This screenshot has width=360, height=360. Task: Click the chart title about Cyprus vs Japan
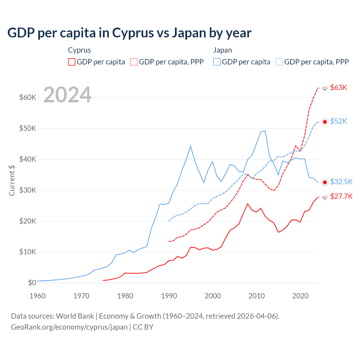(129, 33)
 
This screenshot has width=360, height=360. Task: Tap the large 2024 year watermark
(67, 95)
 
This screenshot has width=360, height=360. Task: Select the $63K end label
(339, 87)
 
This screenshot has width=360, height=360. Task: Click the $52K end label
(339, 121)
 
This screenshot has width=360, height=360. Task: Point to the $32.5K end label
(341, 182)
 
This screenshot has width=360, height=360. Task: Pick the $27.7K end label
(341, 196)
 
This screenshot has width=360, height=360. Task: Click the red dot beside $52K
(325, 122)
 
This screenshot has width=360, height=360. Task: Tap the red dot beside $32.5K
(325, 182)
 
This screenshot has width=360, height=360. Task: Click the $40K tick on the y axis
(28, 159)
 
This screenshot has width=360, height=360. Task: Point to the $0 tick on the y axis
(32, 283)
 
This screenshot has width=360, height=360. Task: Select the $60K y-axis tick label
(28, 98)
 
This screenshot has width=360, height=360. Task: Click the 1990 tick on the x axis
(169, 296)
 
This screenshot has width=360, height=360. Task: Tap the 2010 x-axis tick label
(256, 296)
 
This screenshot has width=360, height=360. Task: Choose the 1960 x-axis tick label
(37, 296)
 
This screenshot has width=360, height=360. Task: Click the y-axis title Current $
(12, 180)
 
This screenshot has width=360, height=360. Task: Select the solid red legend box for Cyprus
(72, 62)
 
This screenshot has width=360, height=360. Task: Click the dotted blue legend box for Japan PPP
(279, 62)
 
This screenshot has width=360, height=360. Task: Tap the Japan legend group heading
(222, 50)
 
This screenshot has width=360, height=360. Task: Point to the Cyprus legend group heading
(79, 50)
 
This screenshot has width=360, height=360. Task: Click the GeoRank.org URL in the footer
(69, 327)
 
